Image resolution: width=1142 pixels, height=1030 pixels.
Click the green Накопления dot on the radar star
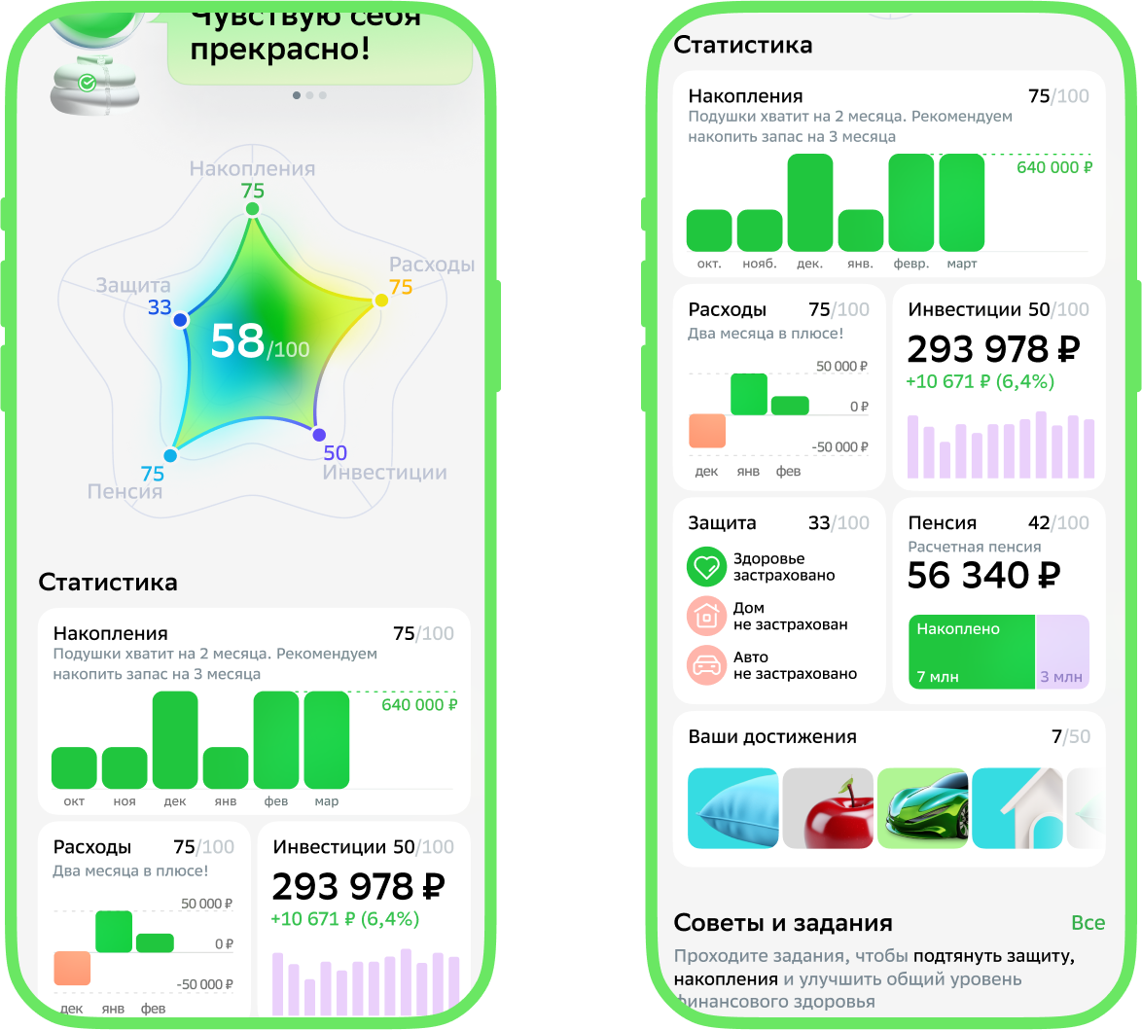253,209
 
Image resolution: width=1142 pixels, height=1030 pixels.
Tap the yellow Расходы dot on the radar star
381,300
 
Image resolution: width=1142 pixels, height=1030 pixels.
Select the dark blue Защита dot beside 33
180,320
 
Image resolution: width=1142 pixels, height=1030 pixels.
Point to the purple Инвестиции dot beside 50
319,435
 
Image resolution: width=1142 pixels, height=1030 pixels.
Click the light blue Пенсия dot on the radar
170,455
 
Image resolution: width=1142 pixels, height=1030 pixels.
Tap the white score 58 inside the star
238,341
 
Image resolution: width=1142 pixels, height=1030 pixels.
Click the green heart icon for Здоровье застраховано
706,566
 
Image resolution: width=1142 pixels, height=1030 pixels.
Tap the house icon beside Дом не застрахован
706,616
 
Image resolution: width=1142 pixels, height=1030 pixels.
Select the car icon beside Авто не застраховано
706,664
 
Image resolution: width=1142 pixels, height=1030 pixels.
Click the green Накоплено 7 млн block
971,652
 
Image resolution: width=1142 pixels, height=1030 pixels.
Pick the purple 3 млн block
1062,652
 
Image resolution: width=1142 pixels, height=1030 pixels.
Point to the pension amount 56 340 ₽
983,576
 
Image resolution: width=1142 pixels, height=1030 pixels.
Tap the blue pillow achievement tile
732,808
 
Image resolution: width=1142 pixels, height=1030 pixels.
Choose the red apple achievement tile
827,808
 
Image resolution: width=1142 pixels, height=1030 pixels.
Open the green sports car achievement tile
922,808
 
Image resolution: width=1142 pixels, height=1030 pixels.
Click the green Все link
1088,922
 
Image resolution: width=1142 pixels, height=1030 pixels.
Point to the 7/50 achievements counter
1070,736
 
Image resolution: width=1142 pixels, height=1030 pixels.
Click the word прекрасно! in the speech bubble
280,49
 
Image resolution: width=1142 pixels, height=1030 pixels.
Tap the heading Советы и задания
783,922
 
